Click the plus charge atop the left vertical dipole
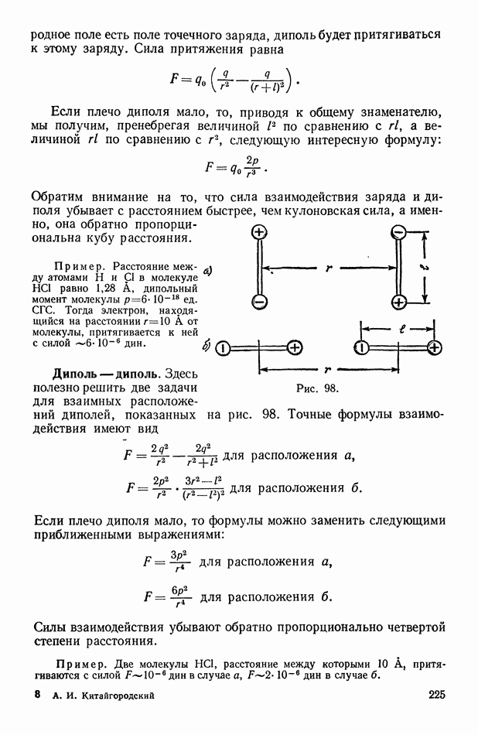pos(259,233)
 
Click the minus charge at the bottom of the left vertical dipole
pos(259,302)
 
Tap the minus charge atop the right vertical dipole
pos(398,233)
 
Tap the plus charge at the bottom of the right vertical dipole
pos(398,302)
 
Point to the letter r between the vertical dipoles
pos(329,268)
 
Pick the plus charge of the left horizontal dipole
pos(295,348)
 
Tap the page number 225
pos(436,695)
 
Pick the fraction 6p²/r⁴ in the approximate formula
pos(179,597)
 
